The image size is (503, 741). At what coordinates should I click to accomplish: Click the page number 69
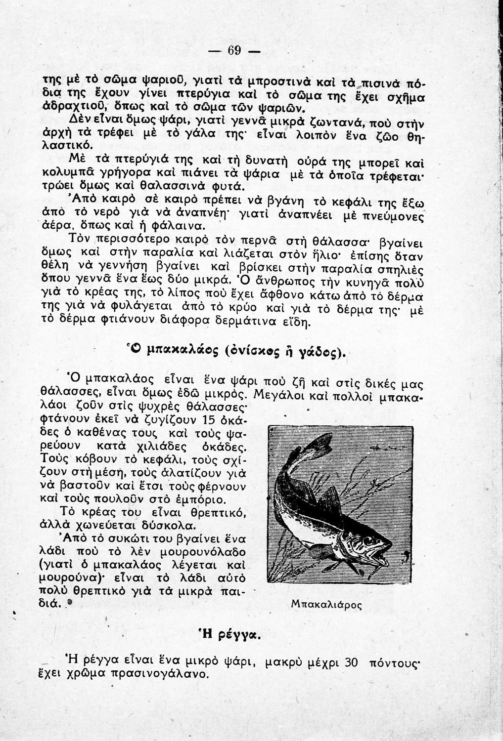pos(234,51)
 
